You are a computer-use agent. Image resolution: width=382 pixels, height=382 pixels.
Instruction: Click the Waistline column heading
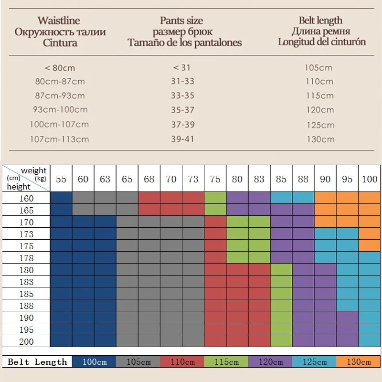(59, 21)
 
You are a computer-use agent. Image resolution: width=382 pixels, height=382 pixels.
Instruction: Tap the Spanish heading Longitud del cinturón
(322, 42)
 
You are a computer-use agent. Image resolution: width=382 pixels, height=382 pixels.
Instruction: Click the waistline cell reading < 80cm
(59, 68)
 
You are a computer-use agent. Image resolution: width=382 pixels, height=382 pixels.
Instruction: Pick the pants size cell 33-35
(182, 95)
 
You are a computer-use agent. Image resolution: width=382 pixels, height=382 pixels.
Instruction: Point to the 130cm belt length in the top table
(320, 139)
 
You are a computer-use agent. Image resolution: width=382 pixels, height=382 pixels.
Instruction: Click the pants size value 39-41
(182, 139)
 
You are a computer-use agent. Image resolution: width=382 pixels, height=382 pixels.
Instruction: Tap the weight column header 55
(61, 179)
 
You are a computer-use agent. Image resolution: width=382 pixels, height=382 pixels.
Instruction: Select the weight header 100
(369, 179)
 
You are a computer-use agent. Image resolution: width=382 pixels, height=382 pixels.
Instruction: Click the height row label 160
(27, 199)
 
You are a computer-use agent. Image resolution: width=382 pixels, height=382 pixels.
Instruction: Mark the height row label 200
(27, 341)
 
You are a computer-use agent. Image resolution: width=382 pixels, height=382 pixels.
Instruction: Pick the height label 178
(27, 258)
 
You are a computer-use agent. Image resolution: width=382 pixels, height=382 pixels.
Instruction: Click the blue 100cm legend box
(94, 362)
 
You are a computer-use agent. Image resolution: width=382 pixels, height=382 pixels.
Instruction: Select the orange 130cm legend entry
(359, 362)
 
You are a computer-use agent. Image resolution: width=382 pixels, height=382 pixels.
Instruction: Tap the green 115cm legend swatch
(226, 362)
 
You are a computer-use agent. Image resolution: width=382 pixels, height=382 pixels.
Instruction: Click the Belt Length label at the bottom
(38, 362)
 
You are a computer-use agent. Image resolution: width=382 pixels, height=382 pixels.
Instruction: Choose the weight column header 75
(215, 179)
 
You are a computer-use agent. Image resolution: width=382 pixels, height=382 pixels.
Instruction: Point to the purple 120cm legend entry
(270, 362)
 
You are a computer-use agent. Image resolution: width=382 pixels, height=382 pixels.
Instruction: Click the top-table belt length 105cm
(320, 68)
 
